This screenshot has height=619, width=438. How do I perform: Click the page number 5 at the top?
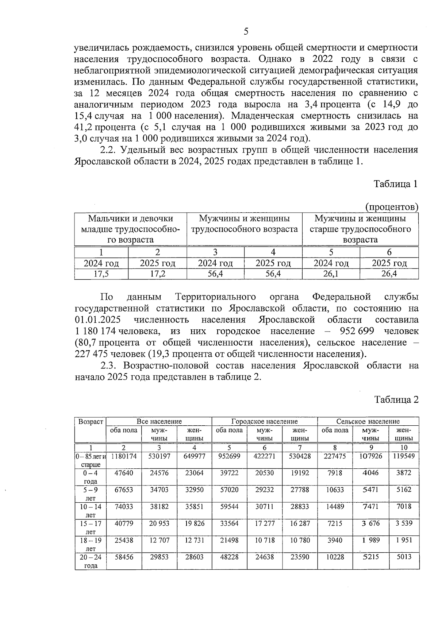coord(246,31)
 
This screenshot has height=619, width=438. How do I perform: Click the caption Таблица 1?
coord(396,184)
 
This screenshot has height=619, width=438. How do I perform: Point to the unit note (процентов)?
coord(392,207)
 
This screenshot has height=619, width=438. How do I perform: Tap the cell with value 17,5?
coord(101,274)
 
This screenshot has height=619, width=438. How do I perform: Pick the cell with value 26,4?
coord(389,274)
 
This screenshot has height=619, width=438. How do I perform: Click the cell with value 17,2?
coord(157,274)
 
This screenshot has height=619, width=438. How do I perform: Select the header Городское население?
coord(264,421)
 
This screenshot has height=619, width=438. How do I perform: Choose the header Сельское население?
coord(368,421)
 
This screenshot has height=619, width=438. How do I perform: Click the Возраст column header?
coord(91,422)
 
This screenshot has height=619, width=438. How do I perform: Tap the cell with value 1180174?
coord(124,456)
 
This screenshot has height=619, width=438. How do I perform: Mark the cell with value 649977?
coord(195,456)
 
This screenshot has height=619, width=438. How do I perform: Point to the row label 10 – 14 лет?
coord(90,510)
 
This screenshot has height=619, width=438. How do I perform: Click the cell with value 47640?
coord(124,473)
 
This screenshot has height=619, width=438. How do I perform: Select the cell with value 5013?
coord(404,557)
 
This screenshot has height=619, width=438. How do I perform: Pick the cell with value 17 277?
coord(265,523)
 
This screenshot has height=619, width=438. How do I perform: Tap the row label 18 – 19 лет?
coord(90,544)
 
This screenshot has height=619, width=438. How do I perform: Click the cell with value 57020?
coord(229,490)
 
